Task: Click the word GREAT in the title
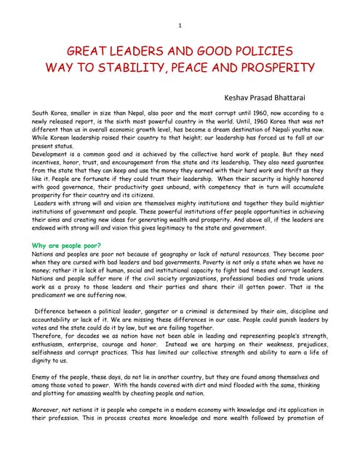click(89, 52)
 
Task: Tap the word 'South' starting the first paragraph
click(42, 114)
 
